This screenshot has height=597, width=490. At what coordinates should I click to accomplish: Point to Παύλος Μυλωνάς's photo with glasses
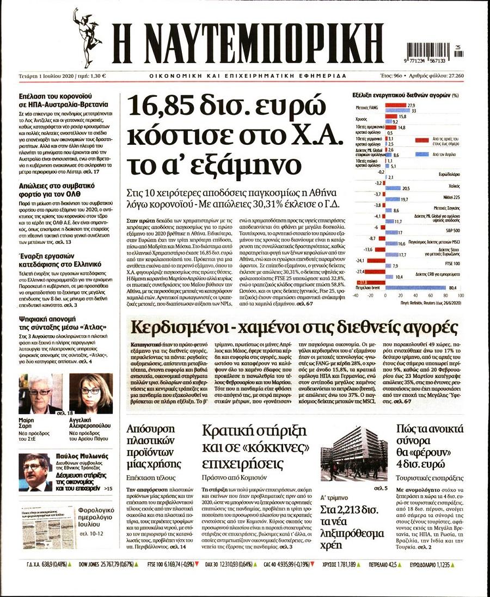tap(34, 472)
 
